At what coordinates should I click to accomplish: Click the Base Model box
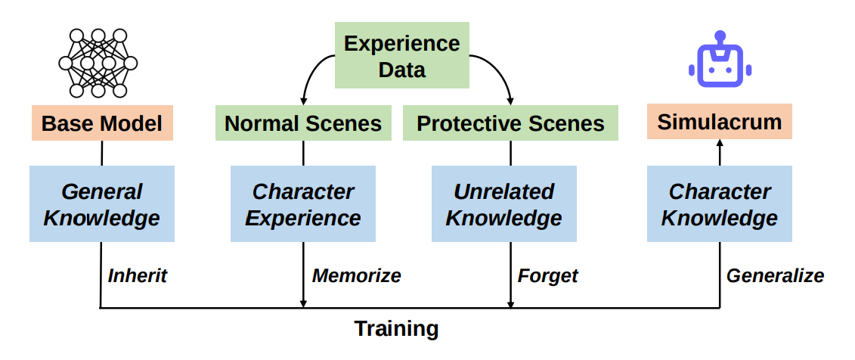click(103, 123)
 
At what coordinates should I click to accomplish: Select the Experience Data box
click(402, 55)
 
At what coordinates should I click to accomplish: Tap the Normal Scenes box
click(303, 123)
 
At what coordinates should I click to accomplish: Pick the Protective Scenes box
click(510, 123)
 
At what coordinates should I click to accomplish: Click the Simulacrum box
click(719, 122)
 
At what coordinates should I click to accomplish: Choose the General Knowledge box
click(102, 204)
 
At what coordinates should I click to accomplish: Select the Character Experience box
click(303, 204)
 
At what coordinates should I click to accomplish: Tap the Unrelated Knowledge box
click(503, 204)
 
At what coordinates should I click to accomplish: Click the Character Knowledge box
click(719, 204)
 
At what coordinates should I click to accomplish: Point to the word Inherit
click(137, 275)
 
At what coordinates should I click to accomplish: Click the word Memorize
click(356, 275)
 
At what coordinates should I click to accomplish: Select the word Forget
click(547, 276)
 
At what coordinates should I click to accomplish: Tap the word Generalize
click(775, 275)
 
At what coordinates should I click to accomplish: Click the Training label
click(396, 329)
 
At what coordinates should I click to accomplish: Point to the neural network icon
click(98, 64)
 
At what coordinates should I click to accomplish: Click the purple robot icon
click(720, 59)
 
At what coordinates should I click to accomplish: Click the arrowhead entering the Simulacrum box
click(719, 143)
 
